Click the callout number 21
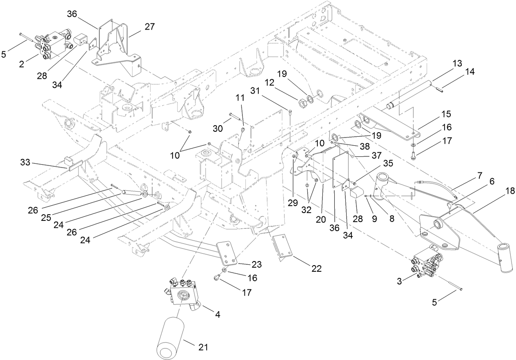coord(203,348)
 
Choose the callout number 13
coord(457,64)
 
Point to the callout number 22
coord(316,269)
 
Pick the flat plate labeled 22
coord(283,247)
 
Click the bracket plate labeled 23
coord(227,253)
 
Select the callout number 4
coord(217,315)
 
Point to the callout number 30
coord(218,128)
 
